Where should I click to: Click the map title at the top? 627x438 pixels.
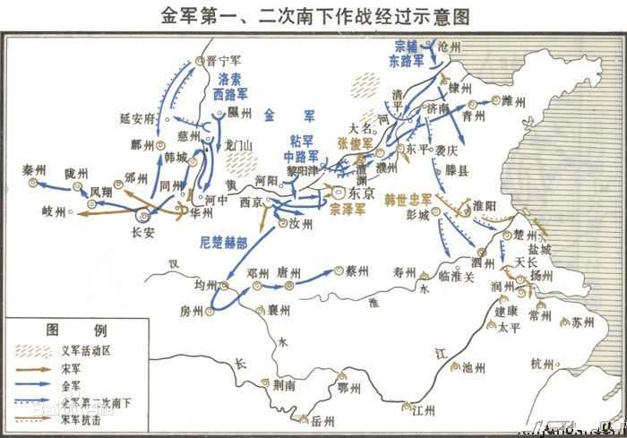click(313, 16)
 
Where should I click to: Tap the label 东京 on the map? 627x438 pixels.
click(359, 192)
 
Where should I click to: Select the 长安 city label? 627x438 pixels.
click(143, 230)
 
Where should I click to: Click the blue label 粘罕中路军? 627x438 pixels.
click(303, 149)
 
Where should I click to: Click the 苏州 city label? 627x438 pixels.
click(583, 321)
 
